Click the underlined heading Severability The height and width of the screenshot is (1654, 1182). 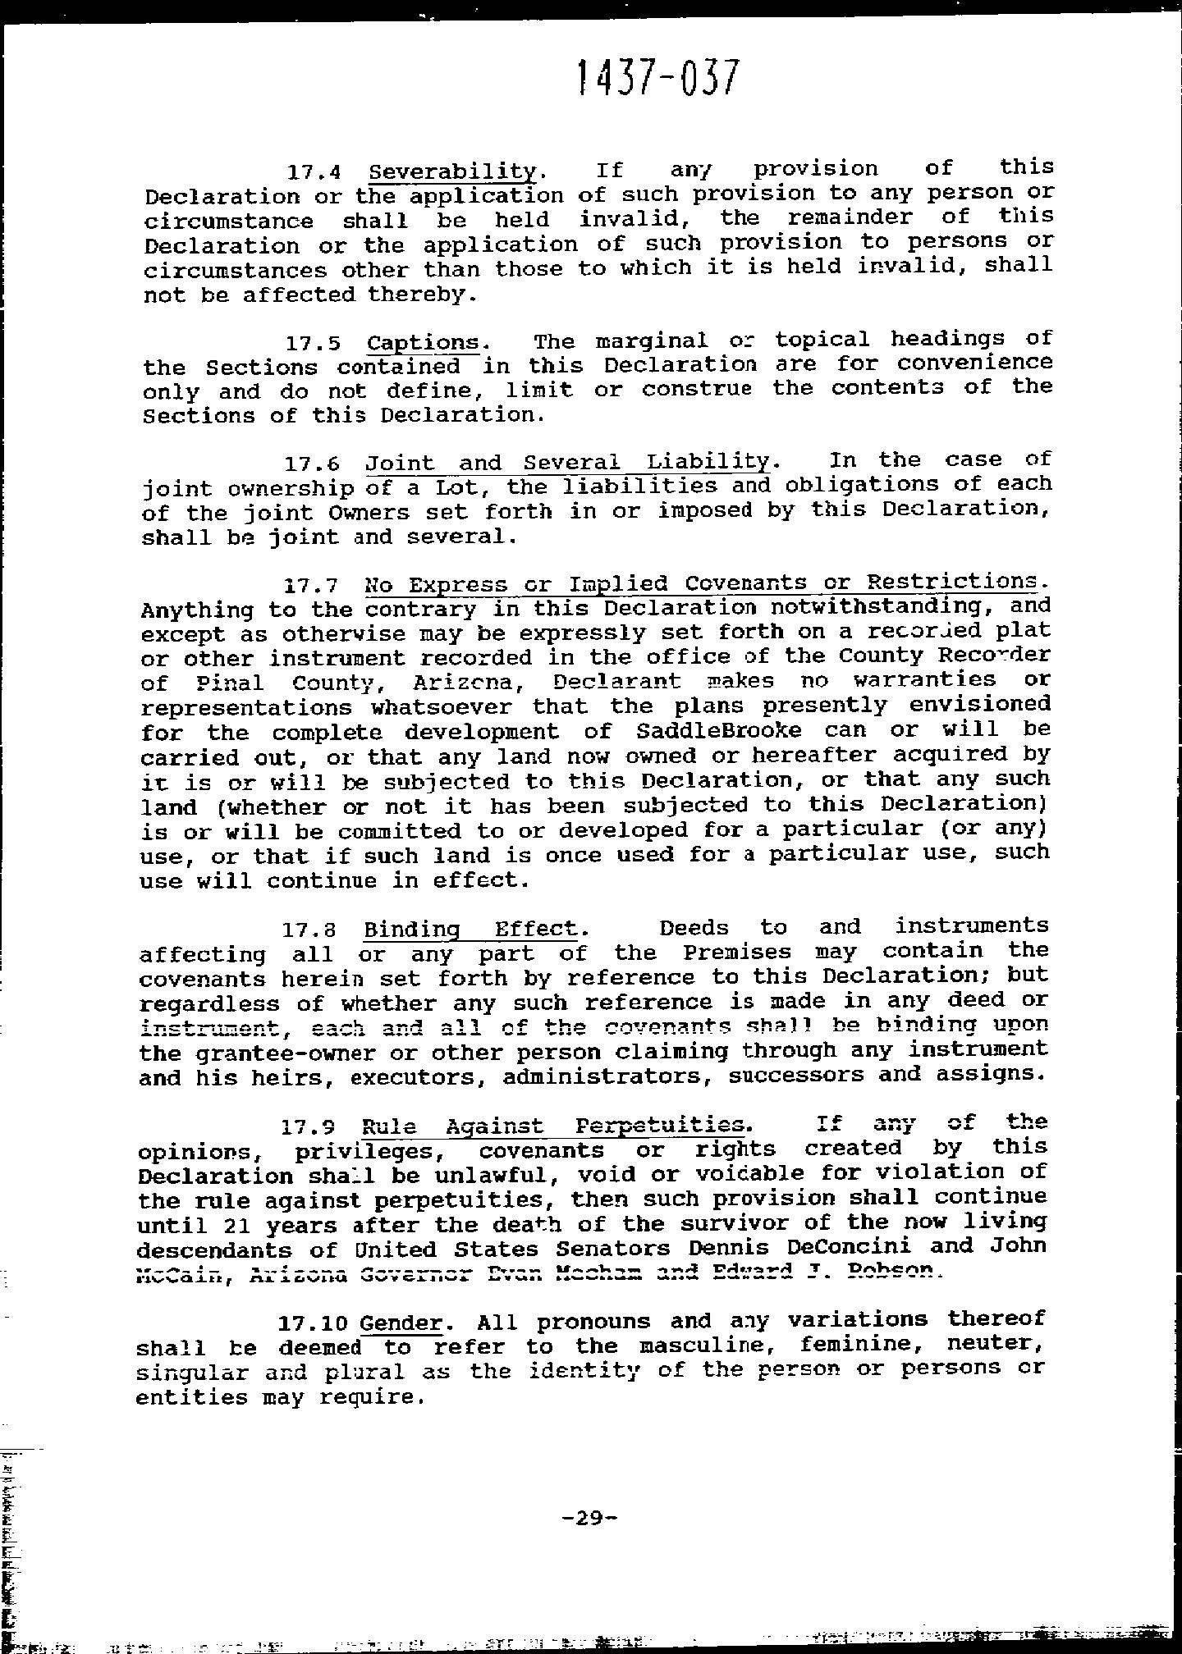pyautogui.click(x=452, y=171)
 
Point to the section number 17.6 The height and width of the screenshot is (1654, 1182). pyautogui.click(x=312, y=464)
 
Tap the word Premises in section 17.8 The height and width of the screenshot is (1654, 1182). pyautogui.click(x=737, y=953)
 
